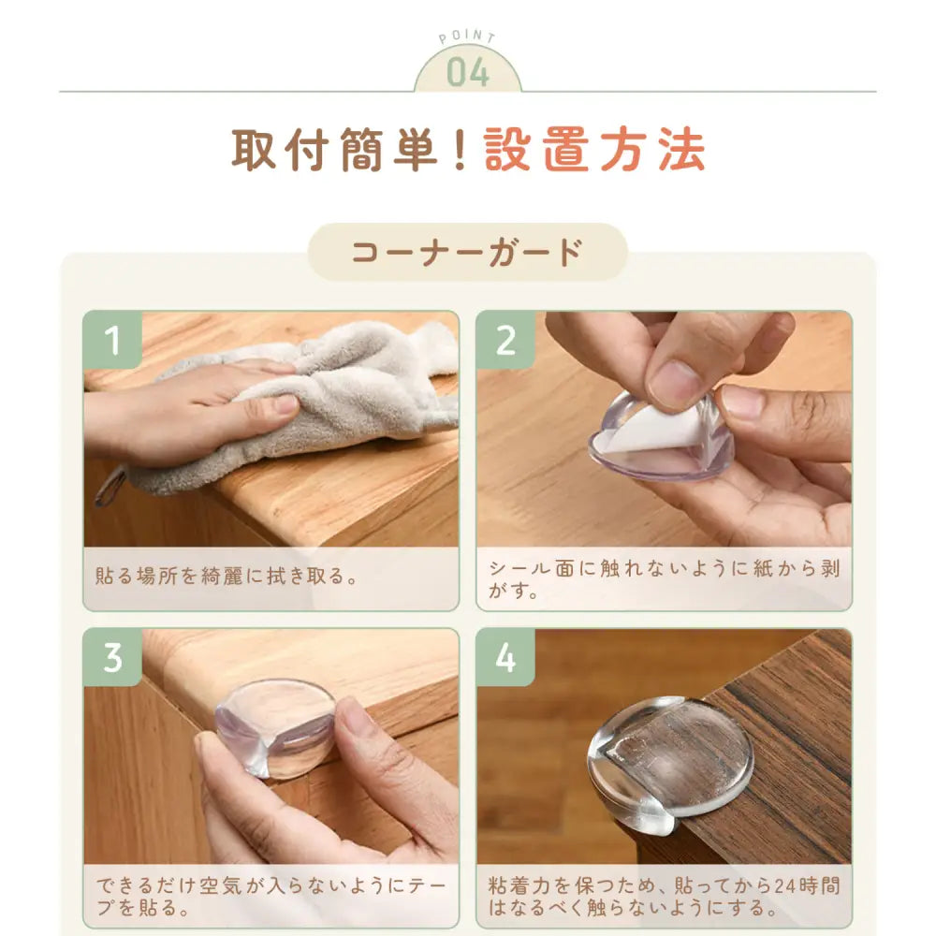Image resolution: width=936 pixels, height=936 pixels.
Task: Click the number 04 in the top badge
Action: click(x=468, y=73)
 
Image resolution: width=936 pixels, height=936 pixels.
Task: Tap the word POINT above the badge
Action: click(x=467, y=37)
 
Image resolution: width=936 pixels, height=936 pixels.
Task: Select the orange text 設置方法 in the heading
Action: click(x=594, y=150)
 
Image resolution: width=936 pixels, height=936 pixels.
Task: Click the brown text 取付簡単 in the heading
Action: click(x=335, y=150)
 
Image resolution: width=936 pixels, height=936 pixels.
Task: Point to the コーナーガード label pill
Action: click(x=467, y=252)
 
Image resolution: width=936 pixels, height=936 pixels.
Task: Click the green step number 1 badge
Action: click(x=112, y=340)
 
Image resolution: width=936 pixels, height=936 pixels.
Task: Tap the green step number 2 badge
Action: click(x=505, y=340)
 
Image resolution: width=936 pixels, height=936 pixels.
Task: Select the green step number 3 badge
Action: click(x=112, y=657)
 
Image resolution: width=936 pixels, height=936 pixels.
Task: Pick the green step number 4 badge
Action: click(x=505, y=657)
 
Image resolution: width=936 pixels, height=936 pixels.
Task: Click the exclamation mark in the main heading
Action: click(x=461, y=150)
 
